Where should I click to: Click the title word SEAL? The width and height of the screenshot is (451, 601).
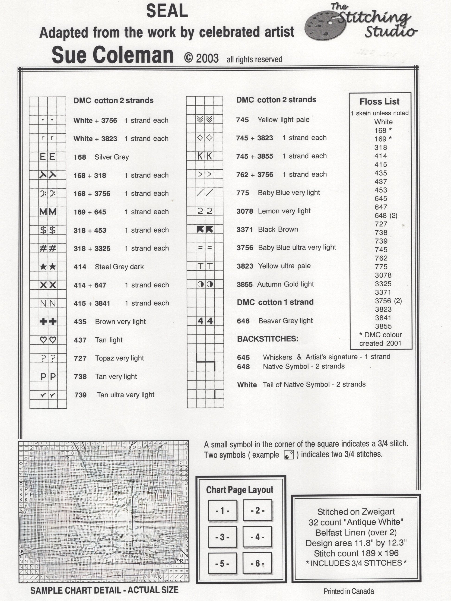tap(167, 11)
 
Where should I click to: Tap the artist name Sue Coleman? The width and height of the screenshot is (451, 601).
tap(113, 55)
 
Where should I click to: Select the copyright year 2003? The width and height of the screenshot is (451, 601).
tap(207, 58)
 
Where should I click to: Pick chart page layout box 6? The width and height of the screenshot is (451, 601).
tap(257, 563)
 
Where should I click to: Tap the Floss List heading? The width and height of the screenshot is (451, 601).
tap(380, 102)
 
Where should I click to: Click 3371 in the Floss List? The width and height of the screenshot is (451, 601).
tap(383, 292)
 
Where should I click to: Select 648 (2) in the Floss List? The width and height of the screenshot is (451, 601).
tap(386, 216)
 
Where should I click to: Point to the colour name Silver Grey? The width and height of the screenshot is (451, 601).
tap(112, 157)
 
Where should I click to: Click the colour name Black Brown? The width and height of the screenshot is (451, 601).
tap(278, 229)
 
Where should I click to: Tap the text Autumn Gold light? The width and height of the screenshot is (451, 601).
tap(286, 284)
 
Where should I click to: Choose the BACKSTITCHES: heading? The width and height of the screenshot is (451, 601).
tap(267, 339)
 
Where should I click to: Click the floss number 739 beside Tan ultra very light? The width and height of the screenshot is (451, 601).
tap(80, 395)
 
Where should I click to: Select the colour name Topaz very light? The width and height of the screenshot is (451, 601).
tap(119, 358)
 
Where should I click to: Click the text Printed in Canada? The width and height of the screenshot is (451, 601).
tap(349, 591)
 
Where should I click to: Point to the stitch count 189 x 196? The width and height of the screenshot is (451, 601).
tap(356, 553)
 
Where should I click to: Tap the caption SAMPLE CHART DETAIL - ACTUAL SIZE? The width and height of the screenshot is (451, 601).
tap(104, 590)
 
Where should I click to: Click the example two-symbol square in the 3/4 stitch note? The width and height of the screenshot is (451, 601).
tap(289, 455)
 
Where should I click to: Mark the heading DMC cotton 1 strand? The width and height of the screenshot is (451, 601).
tap(275, 302)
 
